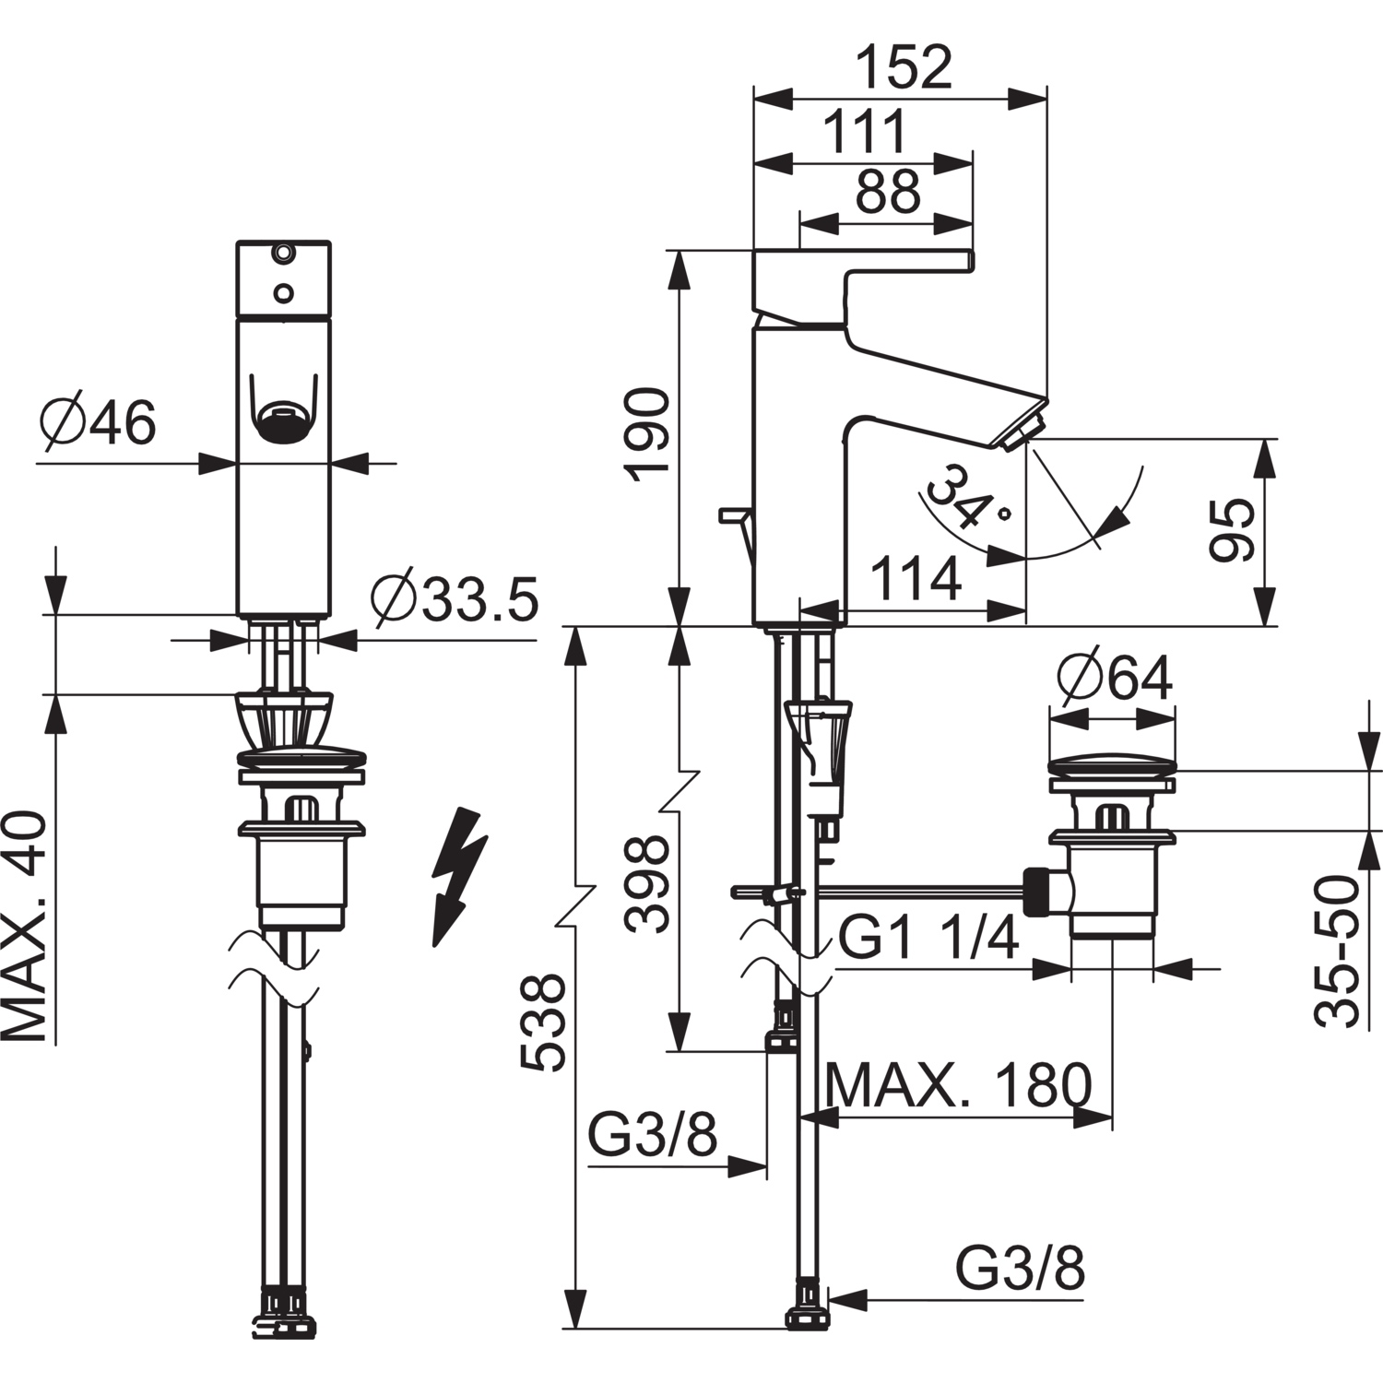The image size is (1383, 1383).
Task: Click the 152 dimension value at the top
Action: [x=904, y=67]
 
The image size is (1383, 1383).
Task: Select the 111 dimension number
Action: [x=865, y=132]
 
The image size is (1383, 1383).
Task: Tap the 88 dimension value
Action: [x=888, y=193]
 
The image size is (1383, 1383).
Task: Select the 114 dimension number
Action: [x=916, y=580]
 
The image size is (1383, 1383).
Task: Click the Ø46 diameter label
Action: [x=99, y=423]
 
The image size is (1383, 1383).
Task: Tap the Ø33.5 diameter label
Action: [x=455, y=600]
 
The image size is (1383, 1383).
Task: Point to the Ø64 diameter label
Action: [x=1115, y=678]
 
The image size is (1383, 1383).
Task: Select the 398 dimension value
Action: [x=646, y=883]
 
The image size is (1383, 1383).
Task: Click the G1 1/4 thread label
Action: [x=928, y=940]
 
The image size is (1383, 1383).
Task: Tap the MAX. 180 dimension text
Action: [x=959, y=1085]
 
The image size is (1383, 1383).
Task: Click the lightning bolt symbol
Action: [x=458, y=877]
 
